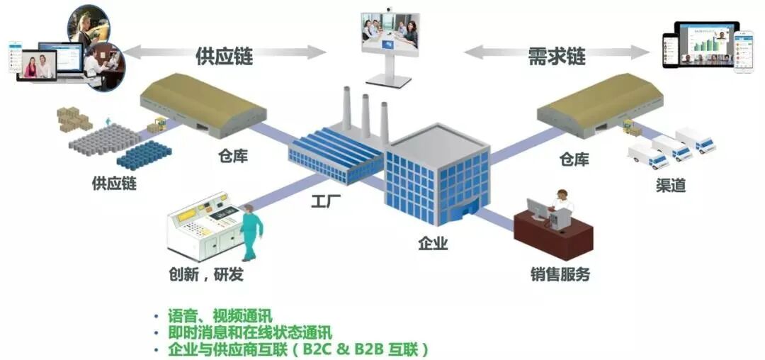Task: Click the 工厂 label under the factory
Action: (x=327, y=201)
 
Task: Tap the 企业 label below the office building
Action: (x=433, y=244)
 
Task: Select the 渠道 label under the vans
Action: (x=670, y=186)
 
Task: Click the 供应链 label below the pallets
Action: (x=114, y=183)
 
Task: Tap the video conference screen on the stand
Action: (x=389, y=33)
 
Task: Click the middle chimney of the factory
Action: (x=365, y=116)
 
